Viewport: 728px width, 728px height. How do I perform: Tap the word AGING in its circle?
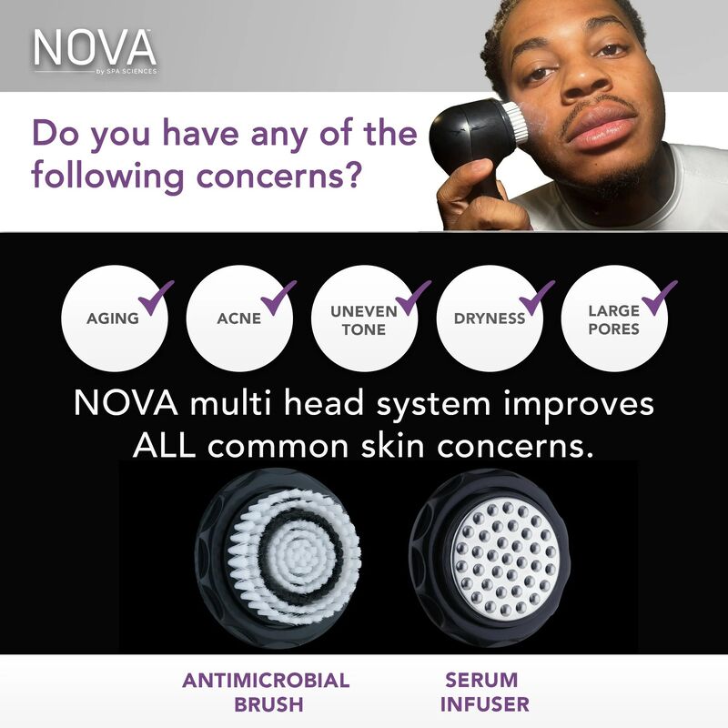[112, 318]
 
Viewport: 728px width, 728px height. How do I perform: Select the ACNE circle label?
[238, 318]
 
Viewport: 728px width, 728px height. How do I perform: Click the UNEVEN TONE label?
[363, 319]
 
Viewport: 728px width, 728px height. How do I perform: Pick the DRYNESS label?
[490, 318]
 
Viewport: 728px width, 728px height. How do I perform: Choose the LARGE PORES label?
[613, 319]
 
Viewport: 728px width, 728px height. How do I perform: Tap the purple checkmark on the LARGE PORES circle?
[659, 297]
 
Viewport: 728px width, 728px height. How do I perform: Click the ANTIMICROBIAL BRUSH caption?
[266, 692]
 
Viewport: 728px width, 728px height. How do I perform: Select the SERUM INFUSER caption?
[484, 692]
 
